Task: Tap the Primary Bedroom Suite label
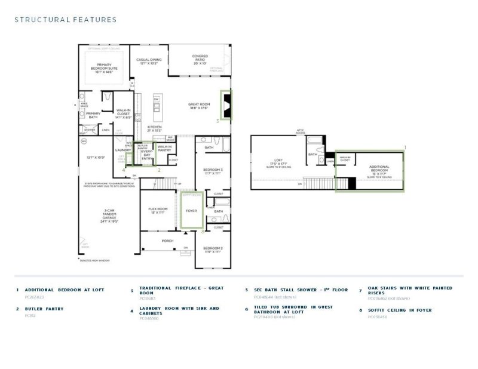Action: pos(104,69)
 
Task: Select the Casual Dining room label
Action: pos(149,61)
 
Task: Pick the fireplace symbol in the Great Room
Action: pos(226,106)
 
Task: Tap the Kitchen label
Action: pos(154,128)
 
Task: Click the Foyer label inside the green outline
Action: pos(191,211)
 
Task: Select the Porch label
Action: pos(168,241)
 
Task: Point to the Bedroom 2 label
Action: pos(212,250)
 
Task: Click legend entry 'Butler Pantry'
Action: pos(44,309)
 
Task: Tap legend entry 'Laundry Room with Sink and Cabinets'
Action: pos(179,311)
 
